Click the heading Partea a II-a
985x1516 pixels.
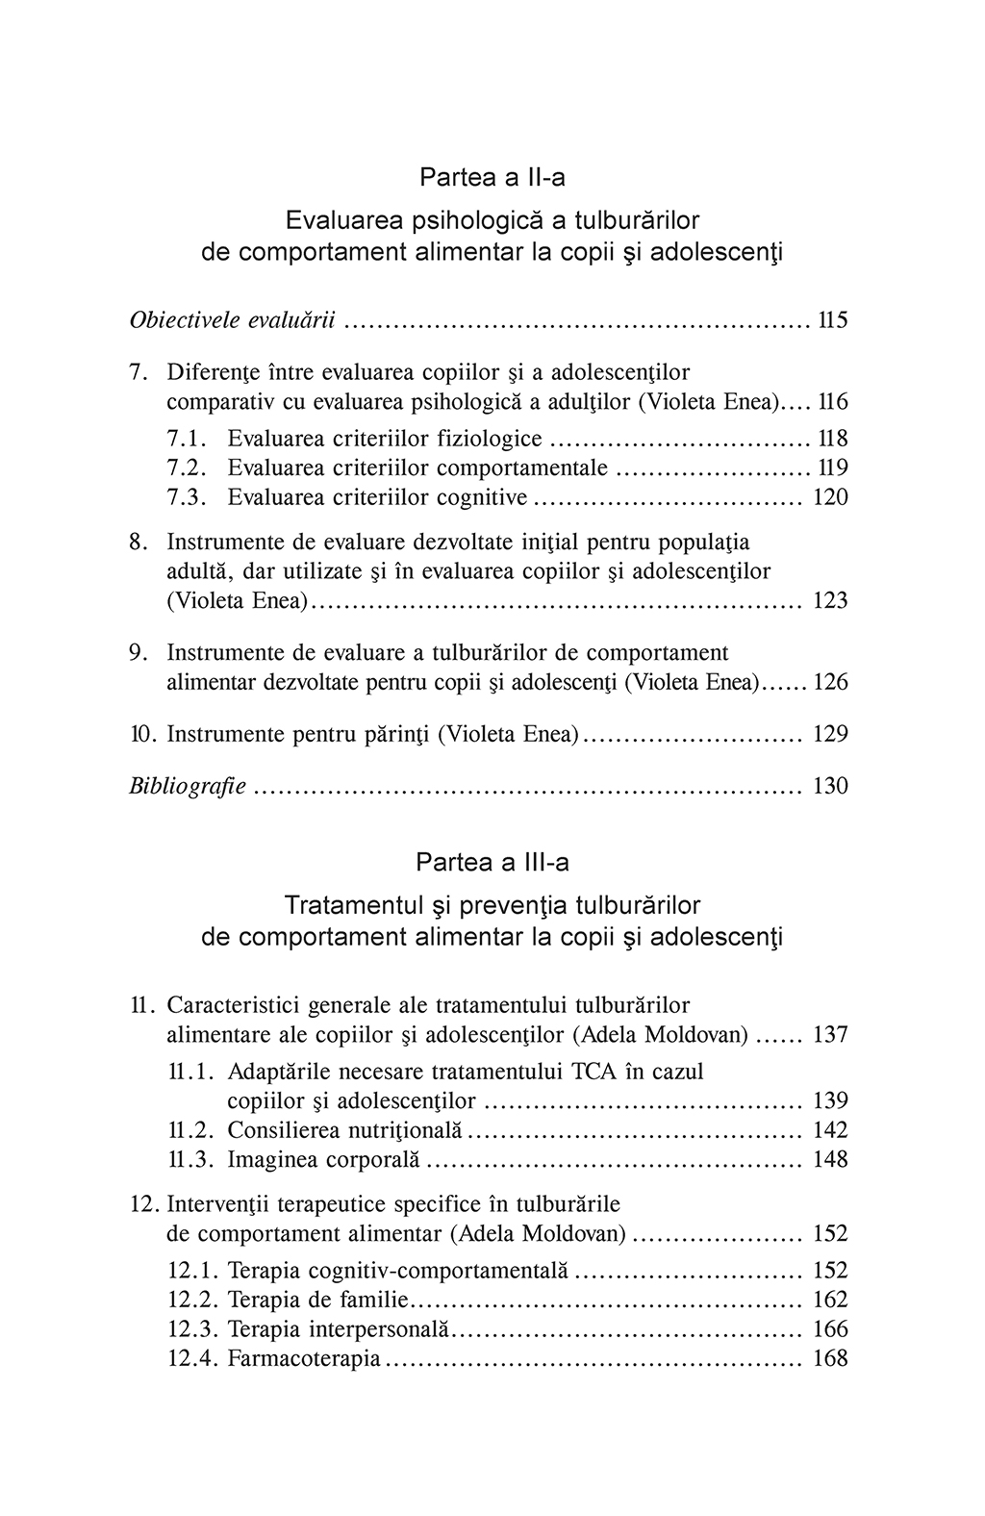(x=492, y=178)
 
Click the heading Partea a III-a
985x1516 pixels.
(x=492, y=862)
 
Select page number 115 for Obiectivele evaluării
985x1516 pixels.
(x=832, y=320)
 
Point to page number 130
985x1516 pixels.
(x=830, y=787)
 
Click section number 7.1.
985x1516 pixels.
(x=188, y=439)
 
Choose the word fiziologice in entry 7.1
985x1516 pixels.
(x=489, y=439)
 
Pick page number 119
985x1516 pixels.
(x=832, y=468)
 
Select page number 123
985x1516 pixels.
(x=830, y=601)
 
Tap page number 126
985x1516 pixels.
(x=830, y=683)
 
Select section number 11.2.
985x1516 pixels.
(x=190, y=1130)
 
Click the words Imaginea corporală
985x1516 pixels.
(x=324, y=1160)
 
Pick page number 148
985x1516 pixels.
(x=830, y=1160)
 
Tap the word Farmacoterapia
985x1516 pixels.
(x=304, y=1359)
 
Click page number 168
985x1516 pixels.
(x=830, y=1359)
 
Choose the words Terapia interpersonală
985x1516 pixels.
(x=339, y=1329)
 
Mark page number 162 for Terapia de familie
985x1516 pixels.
(x=830, y=1301)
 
